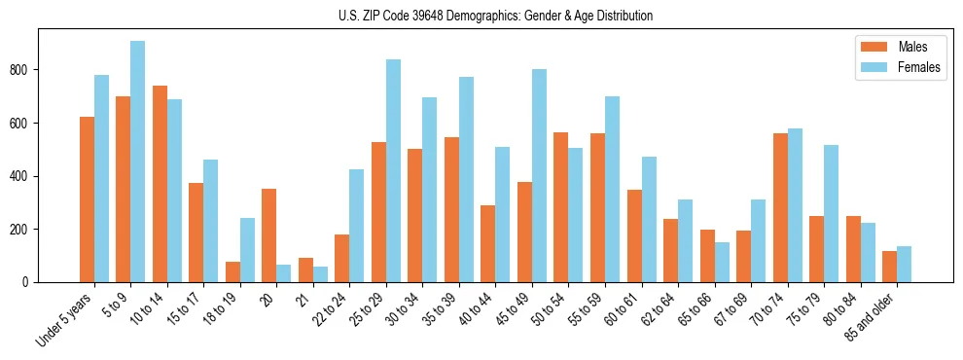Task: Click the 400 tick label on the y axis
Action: (26, 176)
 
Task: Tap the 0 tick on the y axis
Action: (31, 282)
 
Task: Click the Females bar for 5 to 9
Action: (138, 162)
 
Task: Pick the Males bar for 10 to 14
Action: (160, 184)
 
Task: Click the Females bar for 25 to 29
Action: (393, 171)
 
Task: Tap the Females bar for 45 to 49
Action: (539, 176)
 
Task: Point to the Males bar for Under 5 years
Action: (87, 199)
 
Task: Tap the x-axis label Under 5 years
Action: (66, 320)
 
